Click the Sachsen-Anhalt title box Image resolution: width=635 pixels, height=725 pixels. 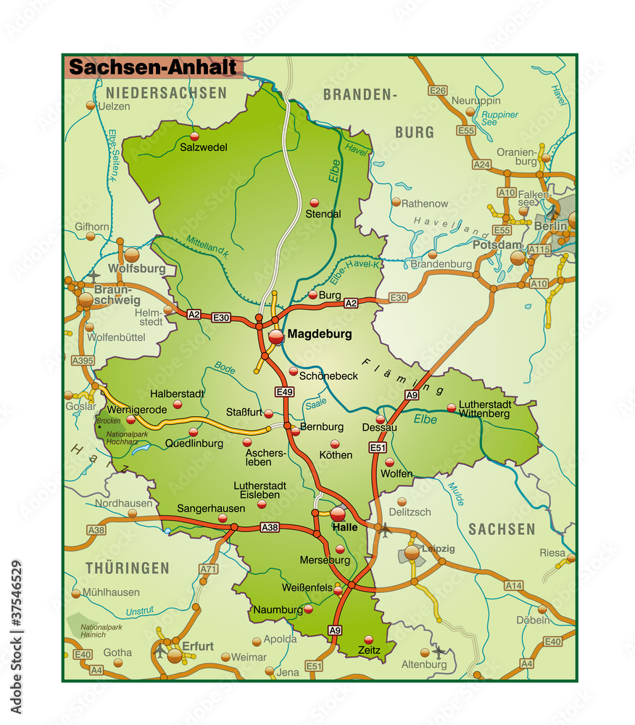pyautogui.click(x=153, y=67)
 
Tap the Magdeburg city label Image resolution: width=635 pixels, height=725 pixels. pyautogui.click(x=319, y=334)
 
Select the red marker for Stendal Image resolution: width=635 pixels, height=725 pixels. pyautogui.click(x=314, y=202)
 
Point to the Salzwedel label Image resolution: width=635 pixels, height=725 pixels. pyautogui.click(x=204, y=147)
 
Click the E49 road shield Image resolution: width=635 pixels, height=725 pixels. pyautogui.click(x=285, y=392)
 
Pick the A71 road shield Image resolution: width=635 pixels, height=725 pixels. pyautogui.click(x=207, y=569)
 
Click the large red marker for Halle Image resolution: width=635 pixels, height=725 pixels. pyautogui.click(x=338, y=513)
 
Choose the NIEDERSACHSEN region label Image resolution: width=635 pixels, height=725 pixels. pyautogui.click(x=166, y=93)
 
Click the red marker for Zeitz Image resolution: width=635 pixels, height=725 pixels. pyautogui.click(x=369, y=639)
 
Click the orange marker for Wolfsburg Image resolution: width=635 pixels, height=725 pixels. pyautogui.click(x=131, y=254)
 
